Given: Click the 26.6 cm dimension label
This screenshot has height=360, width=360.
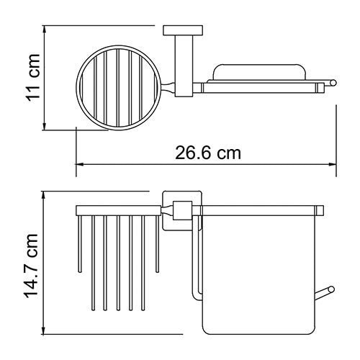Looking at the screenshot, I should pyautogui.click(x=208, y=153).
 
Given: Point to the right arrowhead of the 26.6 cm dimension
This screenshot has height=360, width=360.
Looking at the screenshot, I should pyautogui.click(x=337, y=163).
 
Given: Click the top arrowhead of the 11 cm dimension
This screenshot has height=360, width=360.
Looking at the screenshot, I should pyautogui.click(x=44, y=31).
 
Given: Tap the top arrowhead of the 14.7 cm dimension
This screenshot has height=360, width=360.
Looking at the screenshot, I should pyautogui.click(x=44, y=195).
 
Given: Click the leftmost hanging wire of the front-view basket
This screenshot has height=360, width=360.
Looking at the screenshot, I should pyautogui.click(x=81, y=245).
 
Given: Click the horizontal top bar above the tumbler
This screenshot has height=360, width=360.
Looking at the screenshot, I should pyautogui.click(x=263, y=212).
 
